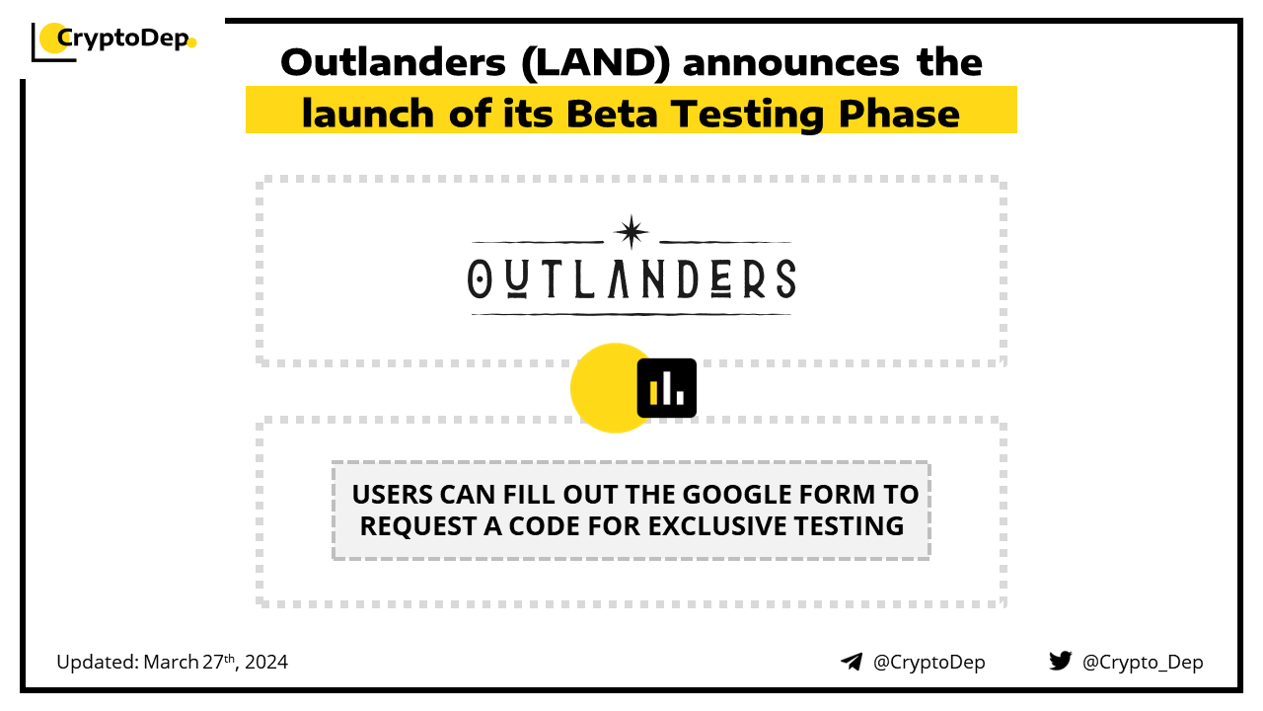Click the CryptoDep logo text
coord(123,39)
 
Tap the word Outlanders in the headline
coord(393,62)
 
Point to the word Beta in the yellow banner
coord(612,114)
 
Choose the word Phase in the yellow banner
coord(899,114)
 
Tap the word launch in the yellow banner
coord(368,114)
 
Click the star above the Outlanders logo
coord(631,231)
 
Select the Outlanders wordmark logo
coord(631,278)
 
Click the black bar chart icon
coord(666,388)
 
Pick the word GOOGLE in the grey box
coord(737,495)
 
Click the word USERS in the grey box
coord(393,495)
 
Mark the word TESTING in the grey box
coord(849,526)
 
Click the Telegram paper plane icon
coord(852,662)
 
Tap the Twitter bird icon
coord(1060,661)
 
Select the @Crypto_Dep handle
coord(1143,663)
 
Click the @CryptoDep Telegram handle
coord(929,663)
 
